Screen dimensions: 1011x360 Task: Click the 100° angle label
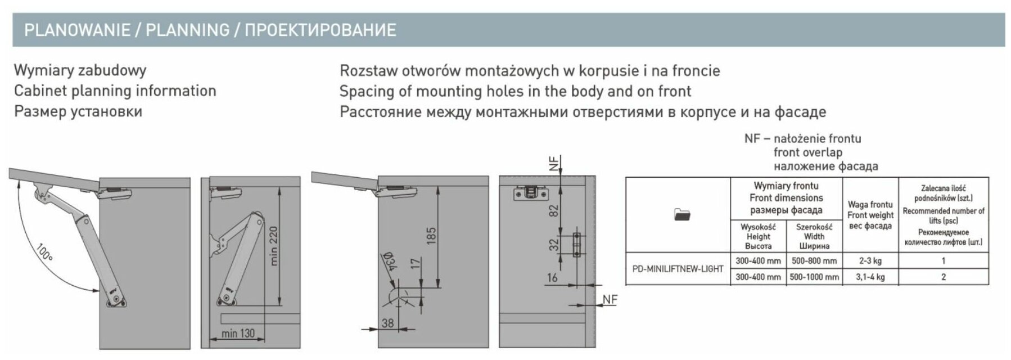point(44,252)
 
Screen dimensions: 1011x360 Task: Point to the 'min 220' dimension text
point(274,246)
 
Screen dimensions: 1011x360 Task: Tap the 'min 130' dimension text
point(238,334)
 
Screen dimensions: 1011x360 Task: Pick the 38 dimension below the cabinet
point(387,323)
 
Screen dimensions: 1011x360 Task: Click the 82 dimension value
point(554,211)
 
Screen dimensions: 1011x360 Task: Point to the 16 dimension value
point(552,277)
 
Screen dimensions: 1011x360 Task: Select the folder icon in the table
point(681,214)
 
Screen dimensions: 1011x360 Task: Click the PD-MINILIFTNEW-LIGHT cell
point(678,269)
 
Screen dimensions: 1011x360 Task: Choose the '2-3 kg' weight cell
point(870,261)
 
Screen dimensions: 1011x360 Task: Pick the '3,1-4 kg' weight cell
point(870,277)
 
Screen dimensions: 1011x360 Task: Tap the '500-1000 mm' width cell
point(814,277)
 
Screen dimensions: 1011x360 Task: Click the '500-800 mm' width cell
point(814,261)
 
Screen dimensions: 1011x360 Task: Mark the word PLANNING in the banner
point(188,30)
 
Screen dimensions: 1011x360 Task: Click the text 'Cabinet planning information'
point(115,91)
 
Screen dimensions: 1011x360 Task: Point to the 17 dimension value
point(416,264)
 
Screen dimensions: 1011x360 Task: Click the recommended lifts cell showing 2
point(943,277)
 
